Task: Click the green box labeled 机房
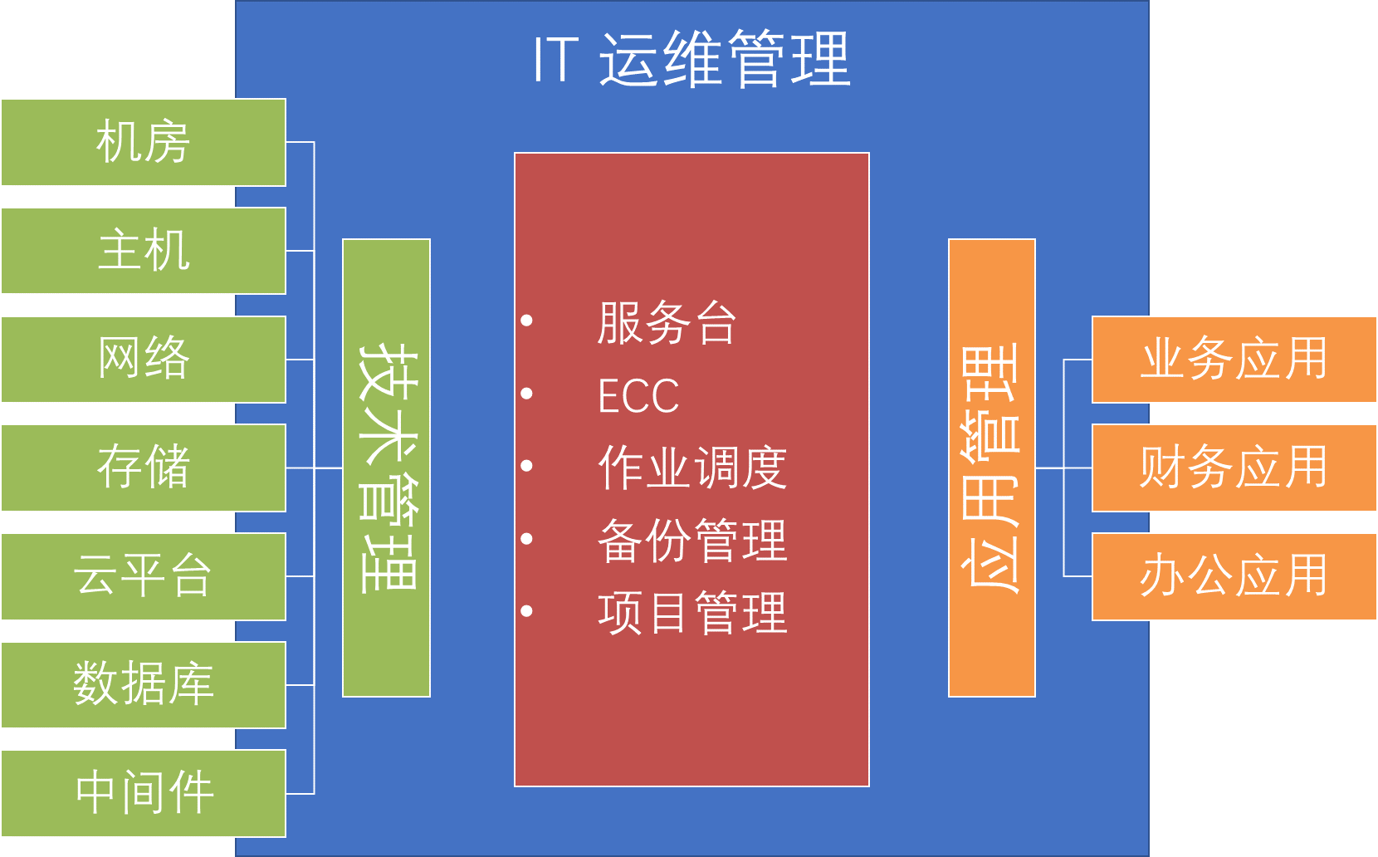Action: tap(143, 142)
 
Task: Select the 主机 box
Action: tap(143, 251)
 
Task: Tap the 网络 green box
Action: tap(143, 360)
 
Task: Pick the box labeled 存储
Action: tap(143, 468)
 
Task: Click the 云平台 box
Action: tap(143, 576)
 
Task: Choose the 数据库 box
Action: tap(143, 685)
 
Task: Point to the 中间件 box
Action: tap(143, 793)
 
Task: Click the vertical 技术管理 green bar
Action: tap(386, 468)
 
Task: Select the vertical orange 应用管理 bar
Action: tap(991, 468)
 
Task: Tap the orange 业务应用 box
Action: tap(1234, 360)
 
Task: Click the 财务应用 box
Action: tap(1234, 468)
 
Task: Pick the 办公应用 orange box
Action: tap(1234, 576)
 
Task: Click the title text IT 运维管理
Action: tap(691, 60)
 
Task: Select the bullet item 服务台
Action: tap(667, 323)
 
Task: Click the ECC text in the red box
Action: tap(638, 396)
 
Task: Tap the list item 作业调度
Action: tap(691, 468)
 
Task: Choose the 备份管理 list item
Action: tap(691, 541)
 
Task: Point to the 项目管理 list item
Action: tap(691, 613)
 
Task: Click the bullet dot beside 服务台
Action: tap(526, 321)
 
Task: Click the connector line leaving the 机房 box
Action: tap(300, 142)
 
